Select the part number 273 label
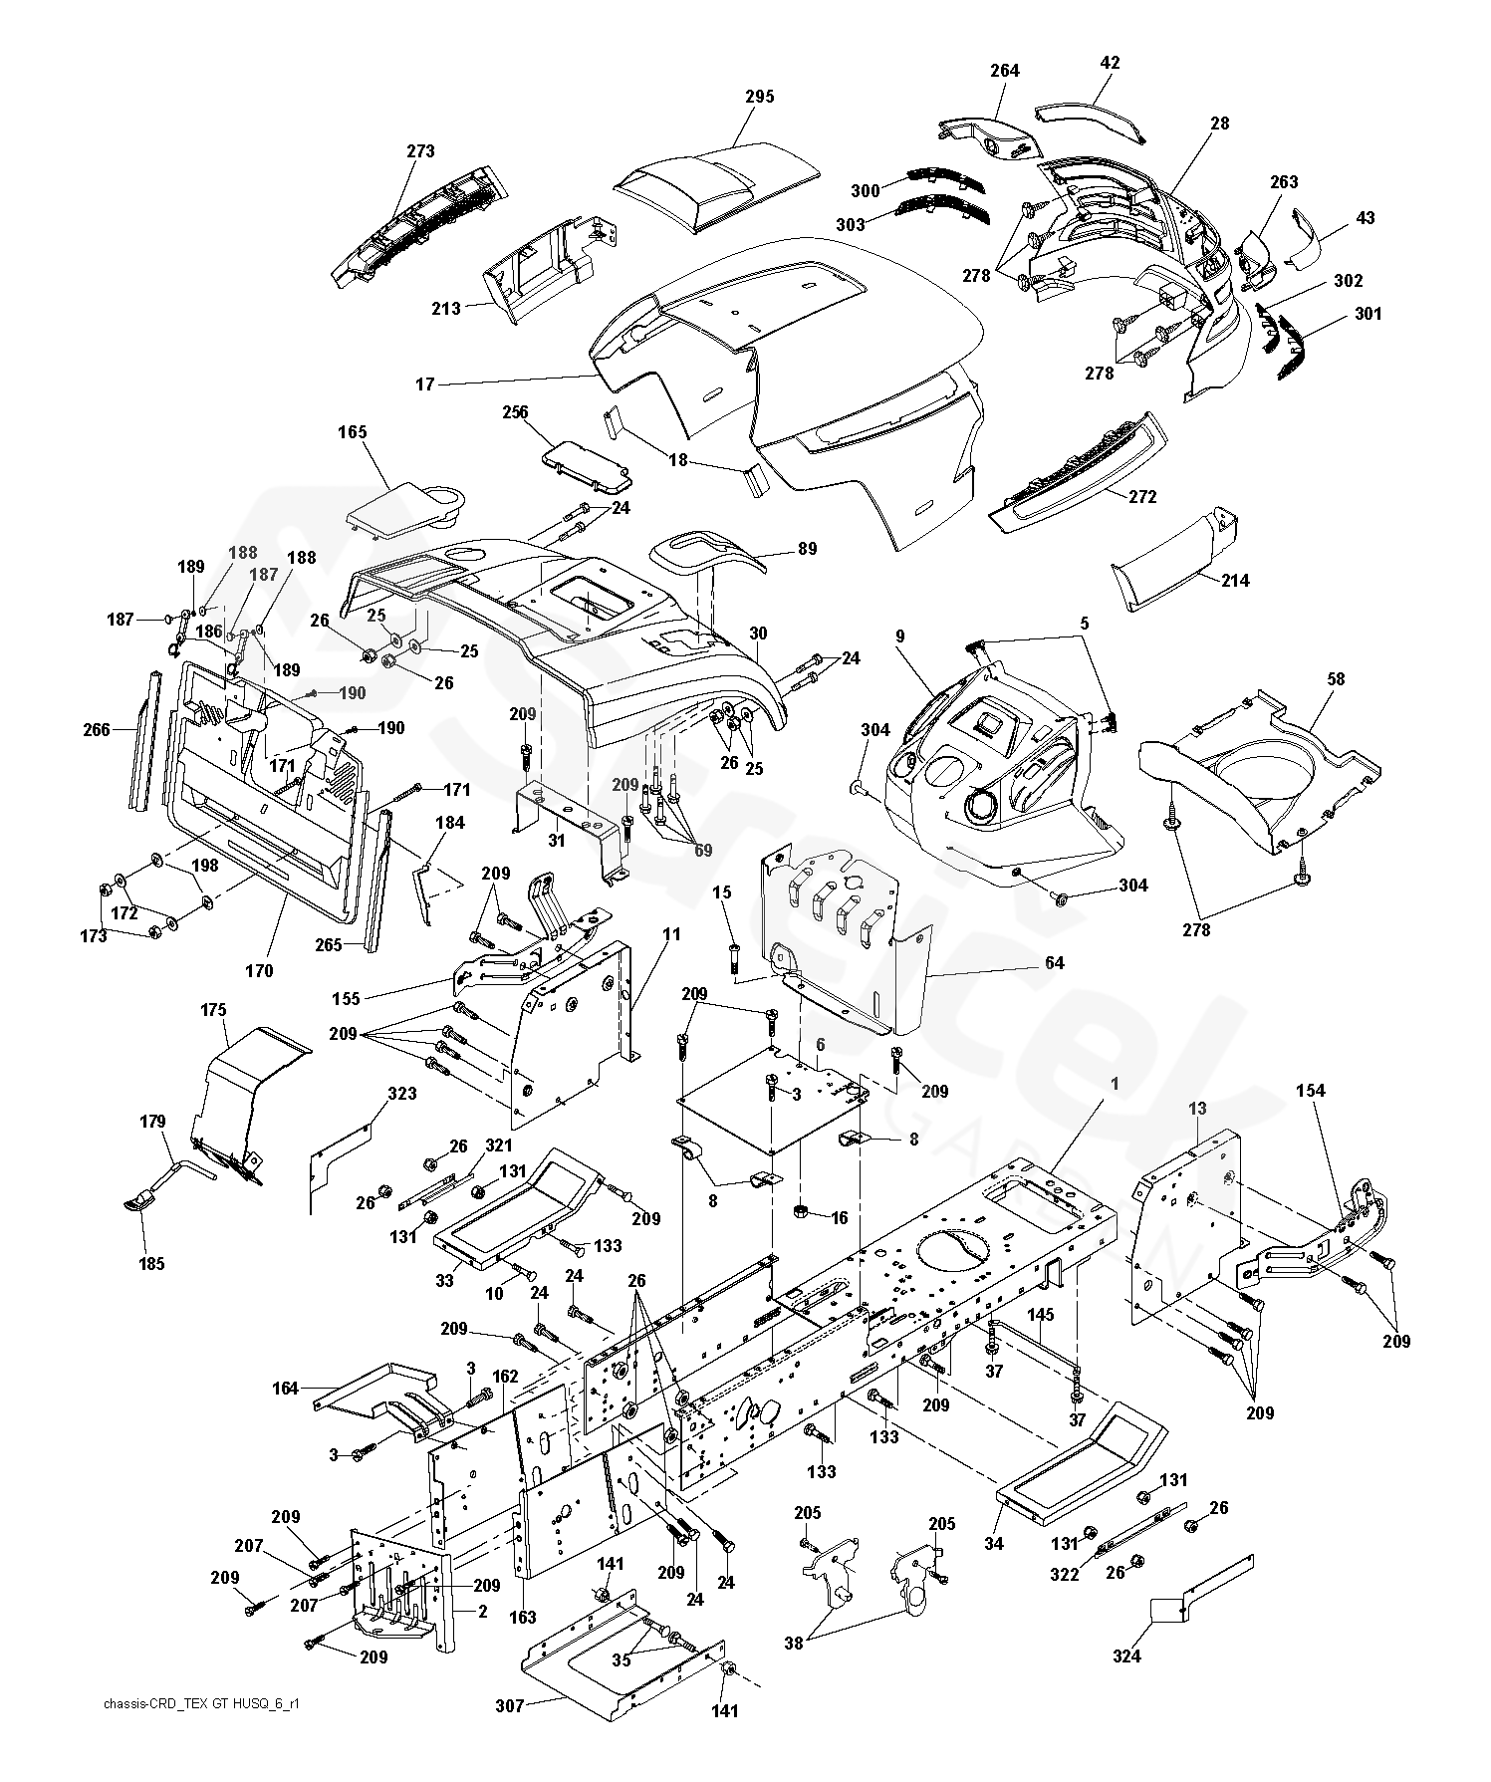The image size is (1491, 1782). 420,151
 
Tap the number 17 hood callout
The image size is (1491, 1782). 425,383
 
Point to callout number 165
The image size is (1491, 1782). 353,432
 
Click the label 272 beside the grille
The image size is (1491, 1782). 1142,497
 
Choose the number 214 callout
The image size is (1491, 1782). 1235,580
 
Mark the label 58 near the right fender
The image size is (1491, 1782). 1336,679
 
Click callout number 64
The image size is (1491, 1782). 1055,962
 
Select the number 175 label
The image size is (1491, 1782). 213,1009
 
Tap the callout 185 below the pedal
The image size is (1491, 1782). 152,1264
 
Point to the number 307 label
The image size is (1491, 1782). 510,1705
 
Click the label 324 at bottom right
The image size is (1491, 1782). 1126,1656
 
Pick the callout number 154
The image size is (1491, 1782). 1311,1091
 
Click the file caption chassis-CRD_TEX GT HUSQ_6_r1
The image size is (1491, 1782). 200,1704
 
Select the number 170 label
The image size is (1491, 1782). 259,970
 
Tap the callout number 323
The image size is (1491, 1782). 402,1094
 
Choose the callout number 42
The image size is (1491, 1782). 1110,63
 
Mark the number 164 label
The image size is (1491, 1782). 286,1388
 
